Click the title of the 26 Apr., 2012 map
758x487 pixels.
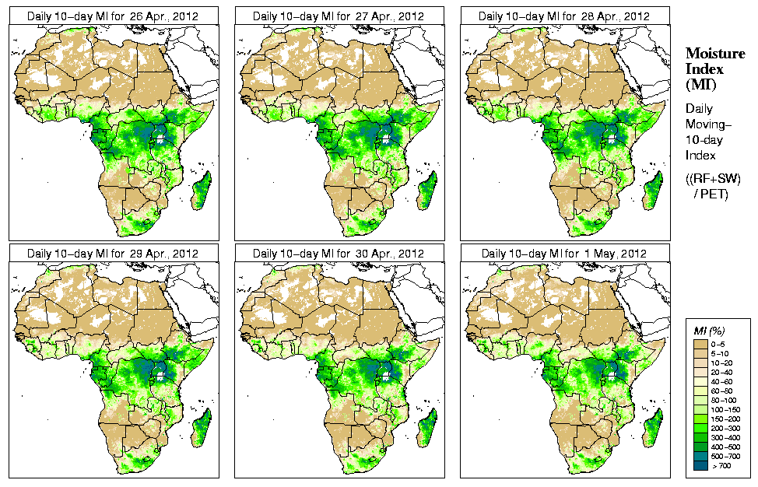pos(113,16)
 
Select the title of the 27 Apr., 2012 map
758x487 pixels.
pos(339,16)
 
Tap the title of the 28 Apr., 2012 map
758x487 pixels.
pos(564,16)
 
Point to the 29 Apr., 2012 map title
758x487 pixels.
pos(113,254)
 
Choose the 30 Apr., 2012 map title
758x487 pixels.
pos(339,254)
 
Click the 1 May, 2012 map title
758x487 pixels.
pos(564,254)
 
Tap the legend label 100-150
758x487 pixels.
pos(728,408)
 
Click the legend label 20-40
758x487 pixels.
pos(726,371)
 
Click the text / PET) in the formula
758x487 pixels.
pos(711,194)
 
